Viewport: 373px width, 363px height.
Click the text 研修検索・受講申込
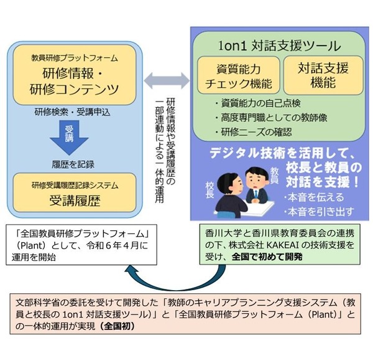75,113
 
